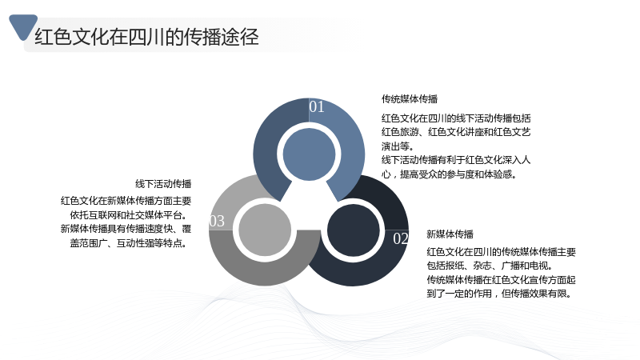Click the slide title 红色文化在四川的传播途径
146,37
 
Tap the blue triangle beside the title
23,26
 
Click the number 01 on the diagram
317,107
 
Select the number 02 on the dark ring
401,238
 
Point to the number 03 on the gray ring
217,222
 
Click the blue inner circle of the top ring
309,154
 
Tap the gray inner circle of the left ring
265,230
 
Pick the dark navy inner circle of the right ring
354,230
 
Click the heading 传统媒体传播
410,98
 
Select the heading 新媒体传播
450,234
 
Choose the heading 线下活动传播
163,184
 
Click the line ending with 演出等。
398,146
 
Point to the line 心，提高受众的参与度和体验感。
450,174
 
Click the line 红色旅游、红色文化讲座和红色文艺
456,132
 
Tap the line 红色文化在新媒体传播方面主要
126,201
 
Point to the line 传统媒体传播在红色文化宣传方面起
502,279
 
